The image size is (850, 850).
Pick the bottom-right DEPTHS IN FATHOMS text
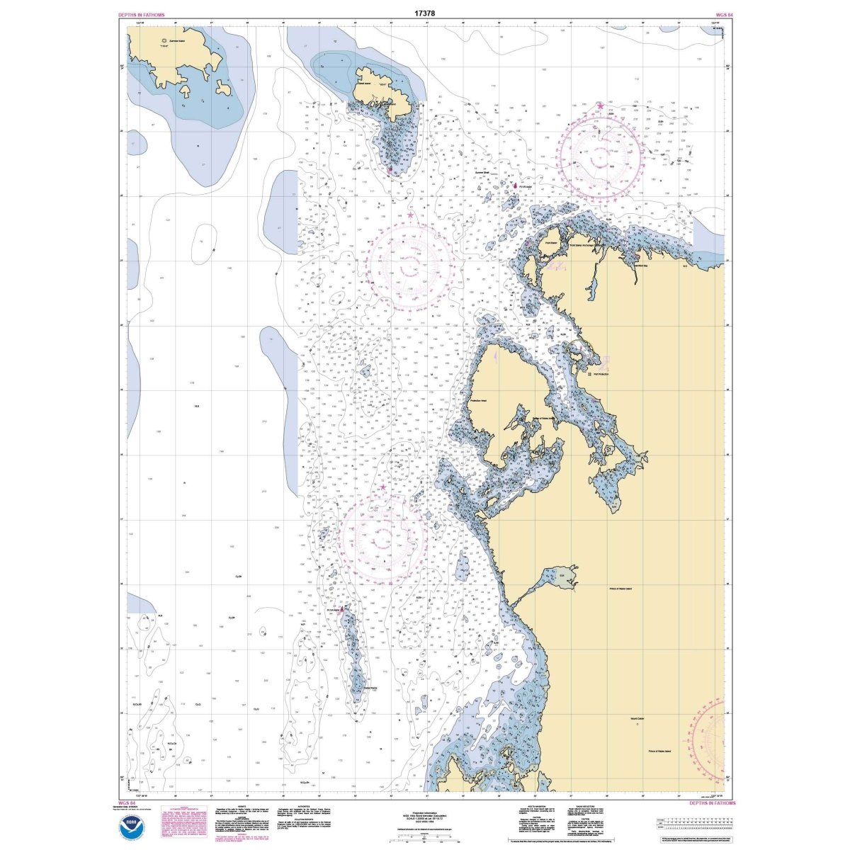coord(712,803)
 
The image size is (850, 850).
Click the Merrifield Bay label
coord(640,266)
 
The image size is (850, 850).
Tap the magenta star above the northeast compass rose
coord(601,106)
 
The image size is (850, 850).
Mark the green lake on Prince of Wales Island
coord(565,574)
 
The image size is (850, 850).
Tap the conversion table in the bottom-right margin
coord(691,824)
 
